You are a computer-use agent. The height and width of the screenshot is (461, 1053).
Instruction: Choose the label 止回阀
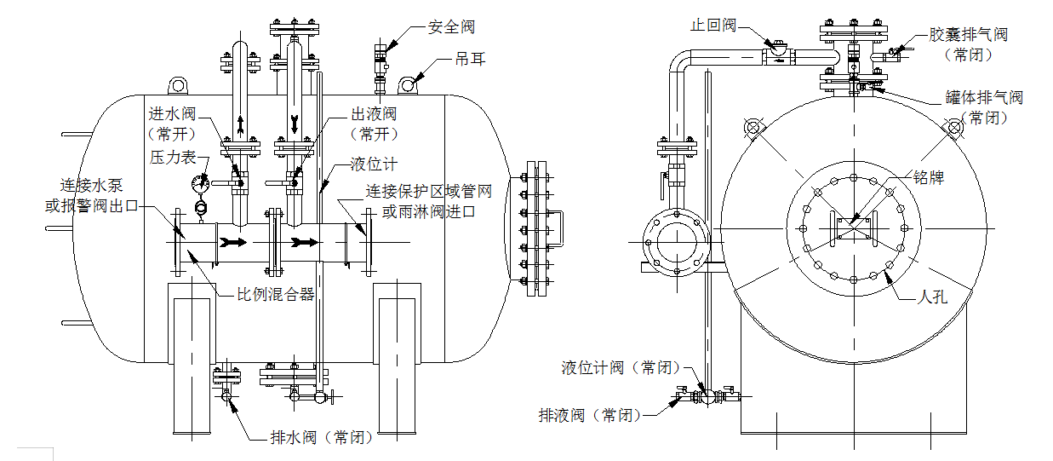[x=712, y=26]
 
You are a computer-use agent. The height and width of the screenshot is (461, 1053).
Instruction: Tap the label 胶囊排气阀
[x=968, y=35]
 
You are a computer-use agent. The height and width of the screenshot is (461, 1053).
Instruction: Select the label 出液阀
[x=374, y=113]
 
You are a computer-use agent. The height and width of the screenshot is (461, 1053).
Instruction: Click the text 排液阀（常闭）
[x=590, y=416]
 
